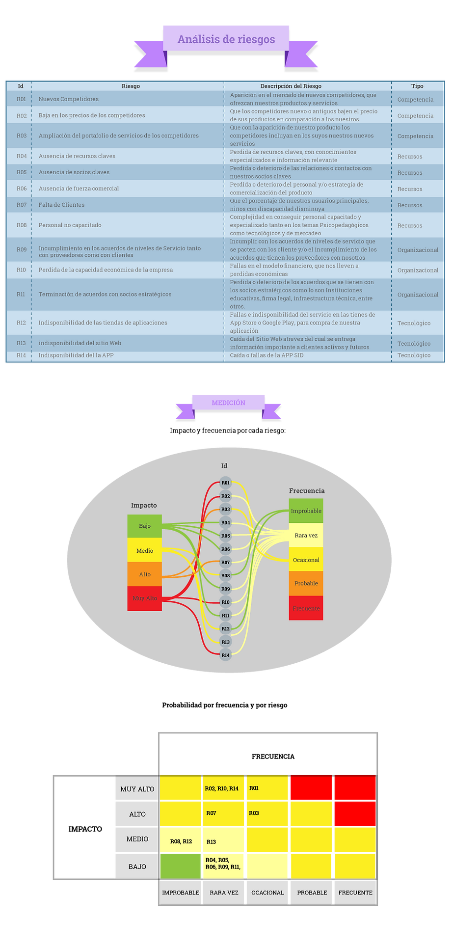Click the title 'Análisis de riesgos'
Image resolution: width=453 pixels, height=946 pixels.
click(x=226, y=39)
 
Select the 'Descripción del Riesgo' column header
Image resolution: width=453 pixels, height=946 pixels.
click(x=291, y=86)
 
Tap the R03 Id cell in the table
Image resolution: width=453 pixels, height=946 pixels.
click(x=21, y=135)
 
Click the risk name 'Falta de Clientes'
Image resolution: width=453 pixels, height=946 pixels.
click(x=61, y=205)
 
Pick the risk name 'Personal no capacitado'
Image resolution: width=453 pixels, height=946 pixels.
click(x=70, y=225)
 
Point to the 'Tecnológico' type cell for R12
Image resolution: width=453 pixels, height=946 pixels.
click(x=414, y=323)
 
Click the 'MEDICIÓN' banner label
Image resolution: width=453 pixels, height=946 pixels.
click(x=228, y=403)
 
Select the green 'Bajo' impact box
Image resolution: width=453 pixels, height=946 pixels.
click(x=145, y=526)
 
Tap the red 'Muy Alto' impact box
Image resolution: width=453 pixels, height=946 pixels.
click(x=145, y=598)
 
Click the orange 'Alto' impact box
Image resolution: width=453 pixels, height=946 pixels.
click(x=145, y=574)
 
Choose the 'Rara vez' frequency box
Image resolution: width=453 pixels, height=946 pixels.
click(x=306, y=535)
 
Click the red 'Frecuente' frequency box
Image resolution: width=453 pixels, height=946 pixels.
click(x=306, y=608)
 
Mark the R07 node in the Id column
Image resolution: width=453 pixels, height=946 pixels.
click(x=225, y=562)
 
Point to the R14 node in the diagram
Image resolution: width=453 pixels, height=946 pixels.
click(x=225, y=655)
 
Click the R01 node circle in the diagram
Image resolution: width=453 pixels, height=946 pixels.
click(x=225, y=483)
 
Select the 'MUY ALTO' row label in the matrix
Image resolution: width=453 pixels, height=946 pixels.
click(x=137, y=789)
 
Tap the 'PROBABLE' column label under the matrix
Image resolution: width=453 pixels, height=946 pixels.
click(x=312, y=892)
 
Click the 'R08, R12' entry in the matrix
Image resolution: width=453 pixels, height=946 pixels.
click(x=181, y=841)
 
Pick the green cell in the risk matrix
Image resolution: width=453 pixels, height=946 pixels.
click(x=181, y=865)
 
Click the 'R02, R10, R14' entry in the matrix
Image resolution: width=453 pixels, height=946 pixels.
click(x=221, y=788)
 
